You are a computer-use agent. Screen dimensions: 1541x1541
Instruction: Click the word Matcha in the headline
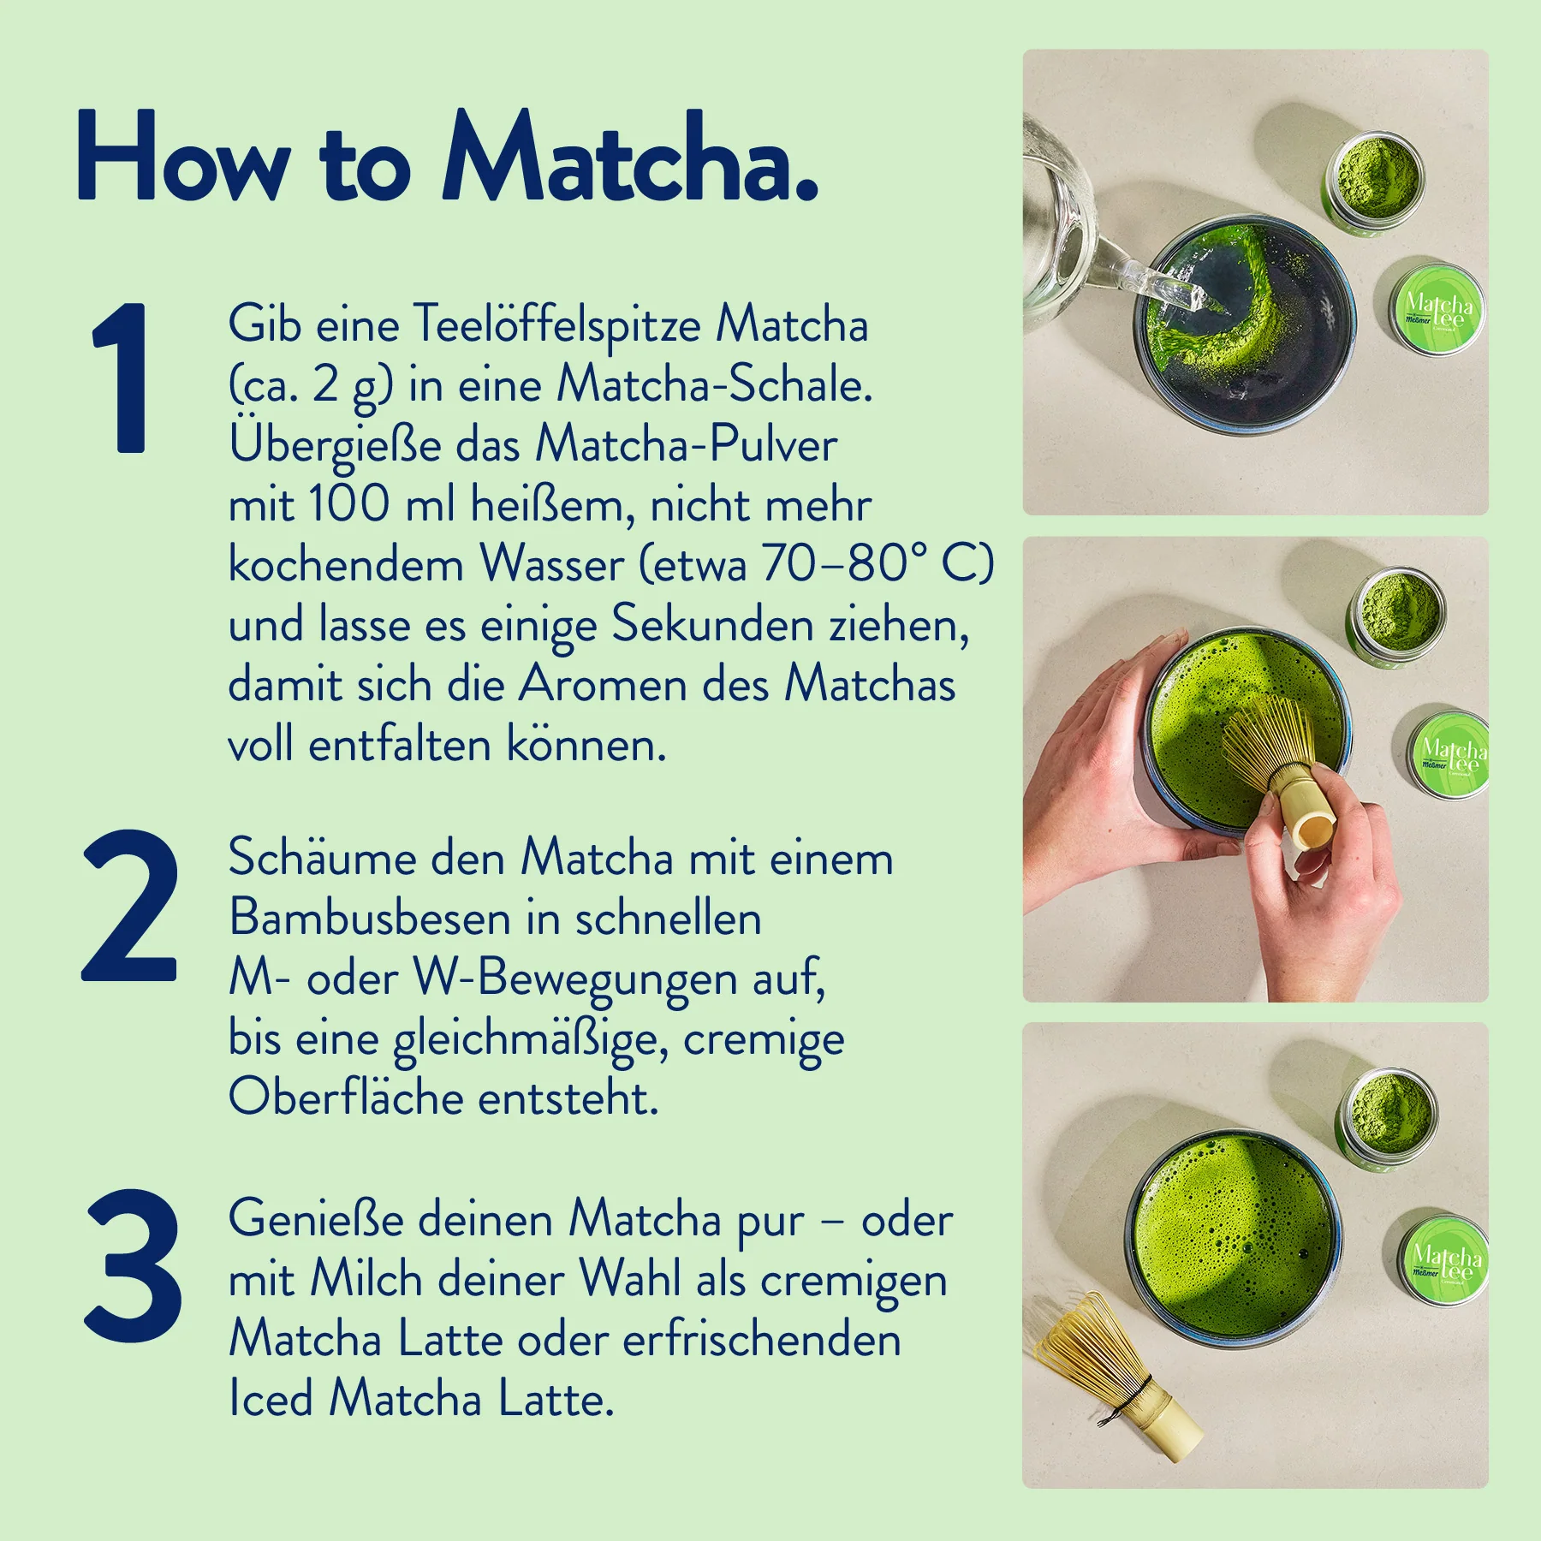coord(630,158)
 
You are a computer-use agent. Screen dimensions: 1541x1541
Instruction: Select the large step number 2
coord(129,905)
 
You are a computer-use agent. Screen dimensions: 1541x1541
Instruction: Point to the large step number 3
coord(133,1264)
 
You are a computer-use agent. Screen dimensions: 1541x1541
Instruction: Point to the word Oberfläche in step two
coord(346,1097)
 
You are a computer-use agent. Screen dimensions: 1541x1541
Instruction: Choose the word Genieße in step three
coord(315,1219)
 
